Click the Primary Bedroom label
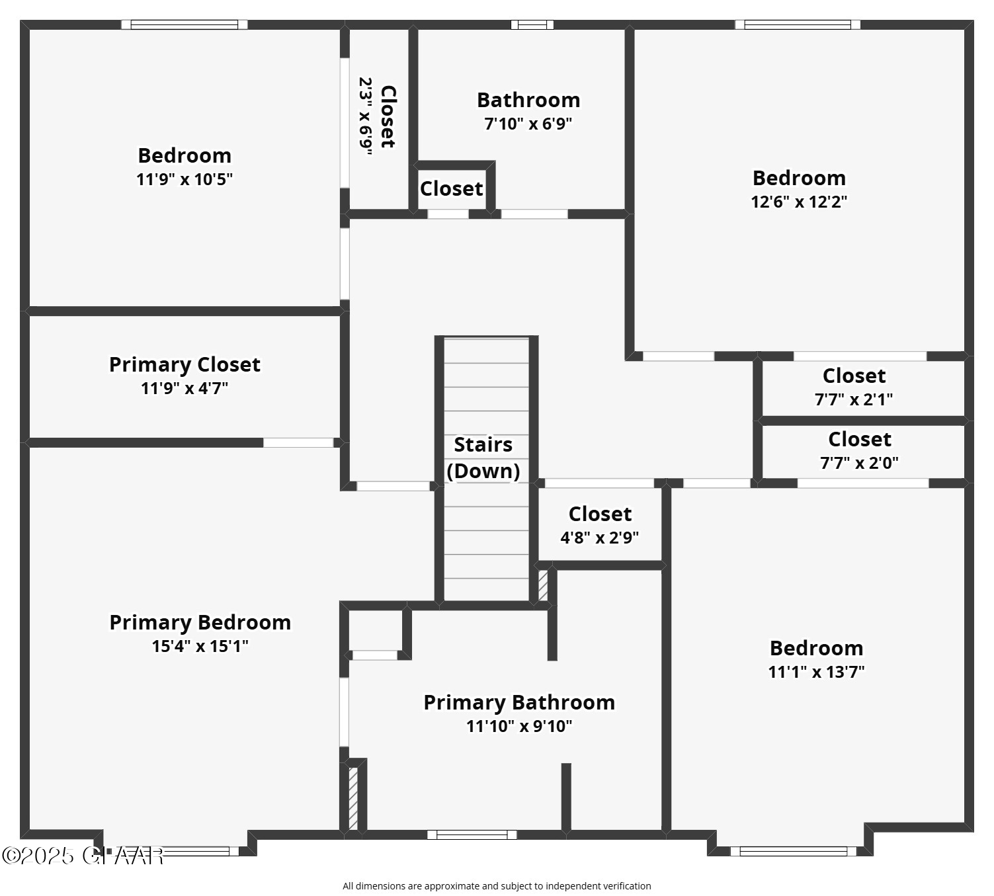(200, 622)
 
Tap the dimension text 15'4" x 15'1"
(200, 646)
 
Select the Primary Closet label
(185, 364)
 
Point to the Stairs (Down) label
(483, 458)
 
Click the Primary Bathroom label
(519, 702)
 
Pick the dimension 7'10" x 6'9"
(528, 124)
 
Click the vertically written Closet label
(388, 117)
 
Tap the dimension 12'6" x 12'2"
(799, 202)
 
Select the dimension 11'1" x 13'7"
(816, 672)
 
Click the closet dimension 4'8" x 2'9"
(599, 538)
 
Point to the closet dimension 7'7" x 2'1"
(853, 399)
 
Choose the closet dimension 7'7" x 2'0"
(859, 463)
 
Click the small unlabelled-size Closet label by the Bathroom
(451, 188)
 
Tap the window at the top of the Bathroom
(532, 25)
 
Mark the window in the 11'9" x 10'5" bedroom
(184, 25)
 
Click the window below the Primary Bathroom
(472, 835)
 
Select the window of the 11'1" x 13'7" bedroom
(793, 851)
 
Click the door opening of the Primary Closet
(298, 442)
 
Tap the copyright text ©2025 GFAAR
(83, 856)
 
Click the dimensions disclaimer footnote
(497, 886)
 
